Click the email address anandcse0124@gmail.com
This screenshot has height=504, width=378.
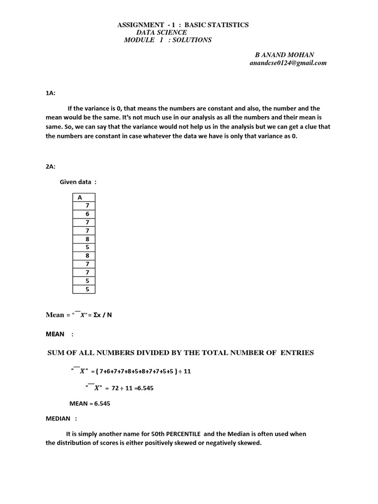point(288,63)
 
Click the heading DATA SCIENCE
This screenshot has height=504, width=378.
point(161,32)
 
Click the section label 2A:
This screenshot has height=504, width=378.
point(50,166)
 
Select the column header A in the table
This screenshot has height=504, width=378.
point(79,197)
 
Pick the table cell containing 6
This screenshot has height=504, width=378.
point(87,214)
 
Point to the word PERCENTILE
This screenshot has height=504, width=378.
point(183,434)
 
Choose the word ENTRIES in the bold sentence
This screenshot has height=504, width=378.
point(297,352)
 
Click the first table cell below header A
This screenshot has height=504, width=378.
point(87,205)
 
